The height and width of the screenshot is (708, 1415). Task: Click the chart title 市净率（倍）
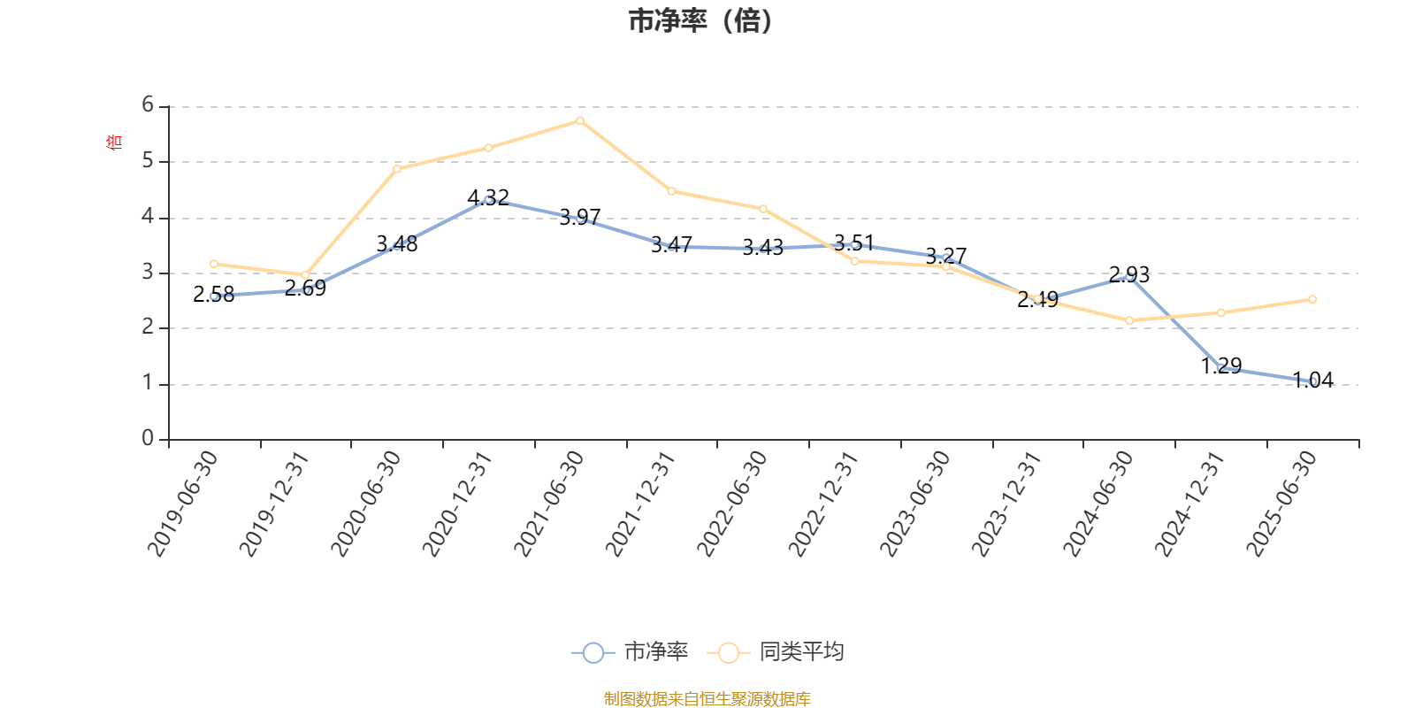[x=700, y=21]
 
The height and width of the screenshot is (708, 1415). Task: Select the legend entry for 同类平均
[x=778, y=652]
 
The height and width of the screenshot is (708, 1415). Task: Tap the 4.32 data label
[x=488, y=197]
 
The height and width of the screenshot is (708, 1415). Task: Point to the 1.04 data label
[x=1313, y=380]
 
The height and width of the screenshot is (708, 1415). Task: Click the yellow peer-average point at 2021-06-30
[x=580, y=120]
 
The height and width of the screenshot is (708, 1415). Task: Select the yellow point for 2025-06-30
[x=1312, y=300]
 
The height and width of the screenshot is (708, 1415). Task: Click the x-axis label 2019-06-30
[x=183, y=503]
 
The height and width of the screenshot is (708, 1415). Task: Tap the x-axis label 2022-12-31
[x=824, y=503]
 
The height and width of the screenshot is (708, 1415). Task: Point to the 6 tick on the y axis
[x=149, y=105]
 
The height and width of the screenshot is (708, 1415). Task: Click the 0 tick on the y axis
[x=149, y=439]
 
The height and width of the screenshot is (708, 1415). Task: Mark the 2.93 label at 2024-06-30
[x=1129, y=274]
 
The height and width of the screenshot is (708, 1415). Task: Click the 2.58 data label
[x=214, y=295]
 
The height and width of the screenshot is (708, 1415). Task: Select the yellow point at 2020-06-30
[x=397, y=168]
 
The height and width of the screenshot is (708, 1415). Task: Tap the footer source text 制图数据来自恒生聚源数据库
[x=707, y=699]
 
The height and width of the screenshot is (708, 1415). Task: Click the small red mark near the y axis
[x=112, y=142]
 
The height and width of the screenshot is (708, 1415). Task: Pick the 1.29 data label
[x=1221, y=366]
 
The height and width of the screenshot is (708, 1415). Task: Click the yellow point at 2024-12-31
[x=1221, y=312]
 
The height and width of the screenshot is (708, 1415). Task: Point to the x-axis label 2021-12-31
[x=641, y=503]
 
